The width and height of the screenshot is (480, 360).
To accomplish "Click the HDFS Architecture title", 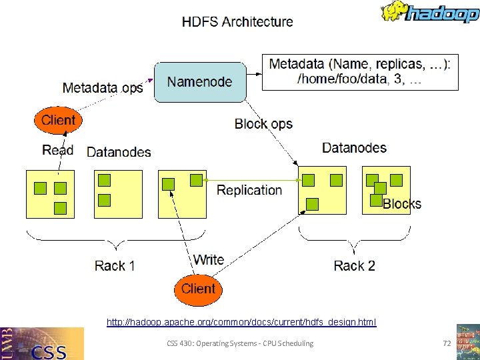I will coord(237,21).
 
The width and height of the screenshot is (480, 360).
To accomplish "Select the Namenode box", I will coord(199,82).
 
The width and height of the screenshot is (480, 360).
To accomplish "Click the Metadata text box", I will coord(360,72).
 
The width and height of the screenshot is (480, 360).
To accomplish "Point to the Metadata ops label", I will coord(103,88).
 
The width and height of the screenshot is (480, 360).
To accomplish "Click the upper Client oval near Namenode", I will coord(59,121).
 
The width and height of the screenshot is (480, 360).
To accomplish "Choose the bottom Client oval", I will coord(198,289).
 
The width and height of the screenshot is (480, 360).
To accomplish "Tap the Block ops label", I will coord(263,124).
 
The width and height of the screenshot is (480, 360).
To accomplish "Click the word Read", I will coord(57,150).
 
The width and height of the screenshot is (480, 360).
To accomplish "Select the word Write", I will coord(209,259).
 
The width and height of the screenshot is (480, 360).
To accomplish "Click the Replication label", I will coord(249,190).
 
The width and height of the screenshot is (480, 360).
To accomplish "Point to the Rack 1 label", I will coord(115,266).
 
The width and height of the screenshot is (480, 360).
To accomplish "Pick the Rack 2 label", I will coord(354,266).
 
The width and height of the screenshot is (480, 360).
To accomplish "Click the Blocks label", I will coord(402,204).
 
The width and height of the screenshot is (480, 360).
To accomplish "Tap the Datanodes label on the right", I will coord(354,147).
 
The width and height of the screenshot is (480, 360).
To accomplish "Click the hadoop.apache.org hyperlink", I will coord(241,323).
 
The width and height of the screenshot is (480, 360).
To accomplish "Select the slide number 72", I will coord(447,343).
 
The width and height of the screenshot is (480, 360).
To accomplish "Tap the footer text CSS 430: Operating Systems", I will coord(240,343).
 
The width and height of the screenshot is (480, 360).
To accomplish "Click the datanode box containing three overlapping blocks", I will coord(385,190).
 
